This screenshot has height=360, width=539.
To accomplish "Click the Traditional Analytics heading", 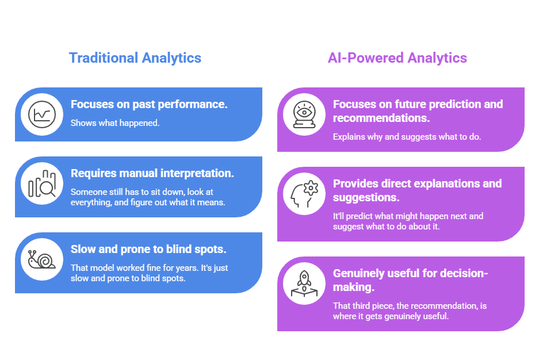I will [x=135, y=58].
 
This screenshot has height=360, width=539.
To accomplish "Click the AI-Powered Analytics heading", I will [x=397, y=58].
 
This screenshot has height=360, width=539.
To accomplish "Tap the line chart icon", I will [x=42, y=114].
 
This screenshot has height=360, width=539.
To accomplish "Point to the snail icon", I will [x=42, y=259].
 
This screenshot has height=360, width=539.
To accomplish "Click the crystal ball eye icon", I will [x=303, y=114].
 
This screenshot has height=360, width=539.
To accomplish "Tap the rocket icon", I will [x=303, y=282].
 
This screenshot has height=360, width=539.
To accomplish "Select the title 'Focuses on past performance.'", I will [x=149, y=105].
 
